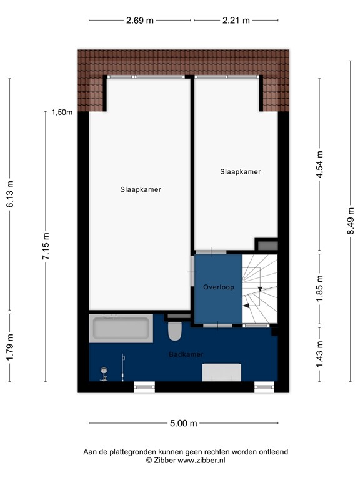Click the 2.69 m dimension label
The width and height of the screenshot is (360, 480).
pos(140,20)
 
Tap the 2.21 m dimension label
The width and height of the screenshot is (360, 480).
pos(236,20)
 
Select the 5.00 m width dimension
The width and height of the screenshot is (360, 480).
pos(183,424)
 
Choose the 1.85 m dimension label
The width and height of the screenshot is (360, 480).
pos(319,289)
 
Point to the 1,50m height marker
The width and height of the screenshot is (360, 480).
pos(62,113)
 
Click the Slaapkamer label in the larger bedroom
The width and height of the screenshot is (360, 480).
pos(141,190)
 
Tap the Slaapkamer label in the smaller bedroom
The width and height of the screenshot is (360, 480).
pos(240,171)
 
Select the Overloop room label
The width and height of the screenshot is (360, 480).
pos(217,287)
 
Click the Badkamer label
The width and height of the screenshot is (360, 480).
pos(186,354)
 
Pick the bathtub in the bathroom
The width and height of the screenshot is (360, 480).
pos(121,329)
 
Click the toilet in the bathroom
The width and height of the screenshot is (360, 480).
pos(175,331)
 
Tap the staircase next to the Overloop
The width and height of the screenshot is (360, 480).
pos(259,289)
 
